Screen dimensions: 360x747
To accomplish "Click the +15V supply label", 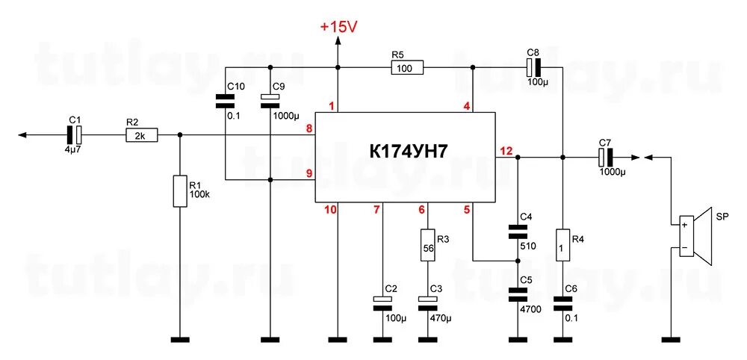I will point(338,26).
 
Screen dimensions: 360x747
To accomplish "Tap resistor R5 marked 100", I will point(406,68).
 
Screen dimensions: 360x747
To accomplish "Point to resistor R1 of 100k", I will point(179,191).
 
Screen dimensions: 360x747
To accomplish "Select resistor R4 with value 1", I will point(562,244).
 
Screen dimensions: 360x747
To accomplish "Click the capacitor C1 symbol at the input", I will point(75,135).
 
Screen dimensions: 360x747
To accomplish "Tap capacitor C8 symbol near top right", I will point(533,67).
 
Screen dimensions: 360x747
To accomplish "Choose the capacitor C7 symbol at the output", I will point(606,158).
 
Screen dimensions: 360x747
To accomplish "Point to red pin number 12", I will point(506,151).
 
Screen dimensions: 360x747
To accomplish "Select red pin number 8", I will point(309,129).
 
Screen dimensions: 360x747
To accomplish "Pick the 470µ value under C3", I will point(440,317).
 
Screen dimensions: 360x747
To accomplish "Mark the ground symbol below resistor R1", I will point(179,340).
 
